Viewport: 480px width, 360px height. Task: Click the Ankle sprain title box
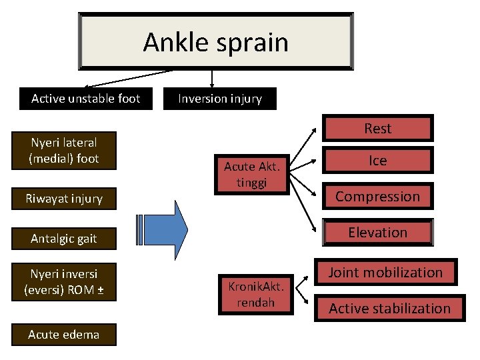(x=215, y=41)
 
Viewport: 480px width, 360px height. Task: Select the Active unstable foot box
(x=85, y=99)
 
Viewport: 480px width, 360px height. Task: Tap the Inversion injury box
(x=219, y=99)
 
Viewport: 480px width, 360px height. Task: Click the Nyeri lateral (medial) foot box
(x=64, y=151)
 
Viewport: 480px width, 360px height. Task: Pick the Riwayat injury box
(x=64, y=199)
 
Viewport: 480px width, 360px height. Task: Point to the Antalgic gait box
(x=64, y=239)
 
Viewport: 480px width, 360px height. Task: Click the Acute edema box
(x=64, y=335)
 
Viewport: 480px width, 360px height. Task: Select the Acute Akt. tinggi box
(x=251, y=175)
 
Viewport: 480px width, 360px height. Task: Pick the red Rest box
(x=377, y=129)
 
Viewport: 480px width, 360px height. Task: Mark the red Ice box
(x=377, y=161)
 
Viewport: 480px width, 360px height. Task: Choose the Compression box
(x=377, y=197)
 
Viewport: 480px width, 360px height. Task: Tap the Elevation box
(x=377, y=233)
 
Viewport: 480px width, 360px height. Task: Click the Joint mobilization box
(x=385, y=273)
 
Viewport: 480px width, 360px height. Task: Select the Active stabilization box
(x=389, y=309)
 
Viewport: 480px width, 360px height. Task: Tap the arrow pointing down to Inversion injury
(x=211, y=78)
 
